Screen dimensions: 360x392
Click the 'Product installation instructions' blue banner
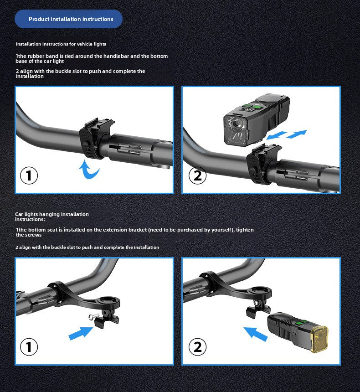tap(68, 19)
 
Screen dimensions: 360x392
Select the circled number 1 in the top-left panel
tap(29, 175)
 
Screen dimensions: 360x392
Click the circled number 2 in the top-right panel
tap(197, 175)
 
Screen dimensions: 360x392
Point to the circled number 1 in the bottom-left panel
tap(29, 347)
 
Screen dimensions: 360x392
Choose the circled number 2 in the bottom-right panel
tap(197, 347)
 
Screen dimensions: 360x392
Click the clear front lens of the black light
tap(236, 130)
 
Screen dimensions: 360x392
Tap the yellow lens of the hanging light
tap(319, 338)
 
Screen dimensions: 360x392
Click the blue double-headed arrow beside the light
tap(287, 134)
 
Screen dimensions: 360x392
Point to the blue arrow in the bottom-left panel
tap(81, 333)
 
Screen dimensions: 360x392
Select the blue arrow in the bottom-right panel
tap(256, 334)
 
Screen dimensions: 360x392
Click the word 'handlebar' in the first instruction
tap(116, 56)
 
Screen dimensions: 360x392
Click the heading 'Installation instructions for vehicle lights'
tap(61, 44)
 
